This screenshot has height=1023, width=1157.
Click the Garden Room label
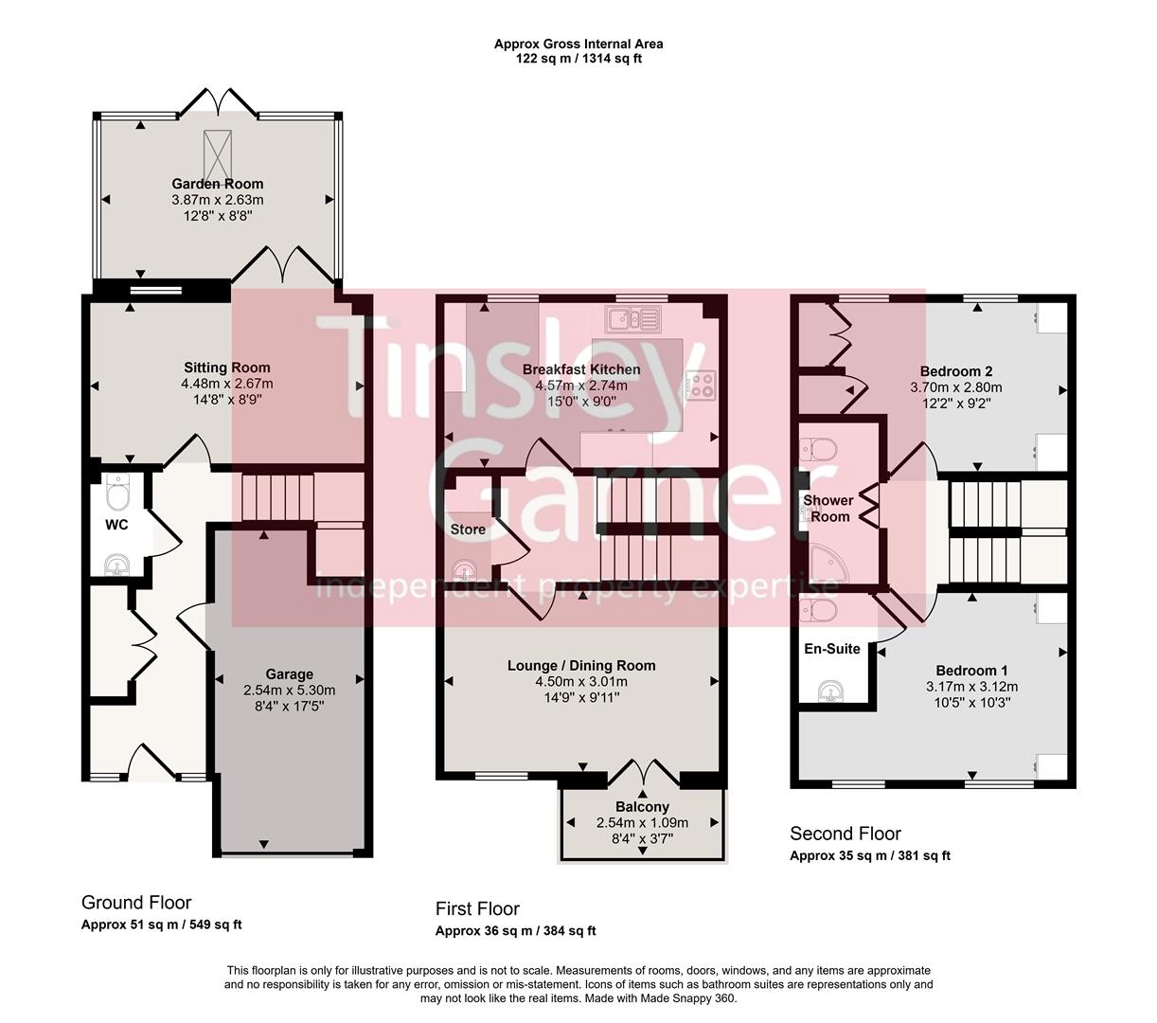click(217, 184)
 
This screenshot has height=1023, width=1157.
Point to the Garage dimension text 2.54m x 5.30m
click(289, 690)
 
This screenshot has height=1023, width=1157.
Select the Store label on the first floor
click(468, 529)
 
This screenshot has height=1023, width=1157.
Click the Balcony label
click(643, 807)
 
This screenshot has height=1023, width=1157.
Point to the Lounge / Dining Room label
click(581, 665)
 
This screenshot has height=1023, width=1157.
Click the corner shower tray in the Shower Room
click(825, 568)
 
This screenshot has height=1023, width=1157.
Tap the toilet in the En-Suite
click(819, 609)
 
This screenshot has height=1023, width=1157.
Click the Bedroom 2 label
click(955, 371)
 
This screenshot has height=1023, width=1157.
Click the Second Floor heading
click(845, 834)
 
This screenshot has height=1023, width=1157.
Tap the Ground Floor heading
click(136, 903)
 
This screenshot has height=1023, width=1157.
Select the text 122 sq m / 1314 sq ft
click(578, 59)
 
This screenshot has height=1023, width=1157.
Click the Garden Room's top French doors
click(218, 102)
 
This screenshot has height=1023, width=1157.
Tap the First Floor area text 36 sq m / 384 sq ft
click(516, 931)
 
